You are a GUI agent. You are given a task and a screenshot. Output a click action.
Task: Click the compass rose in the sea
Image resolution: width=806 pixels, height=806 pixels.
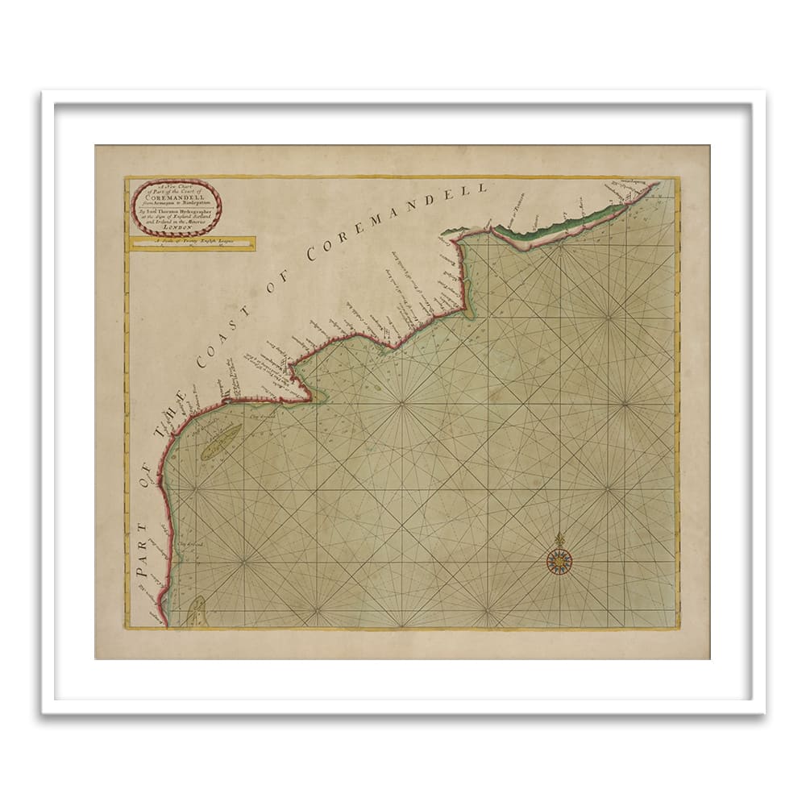[558, 561]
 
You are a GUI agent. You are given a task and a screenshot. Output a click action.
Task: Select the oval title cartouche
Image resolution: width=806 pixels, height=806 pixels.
[177, 206]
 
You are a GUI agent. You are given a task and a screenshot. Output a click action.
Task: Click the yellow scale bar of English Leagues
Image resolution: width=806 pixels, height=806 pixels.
[192, 243]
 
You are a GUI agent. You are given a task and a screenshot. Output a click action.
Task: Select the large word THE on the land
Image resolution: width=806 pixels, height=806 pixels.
[172, 412]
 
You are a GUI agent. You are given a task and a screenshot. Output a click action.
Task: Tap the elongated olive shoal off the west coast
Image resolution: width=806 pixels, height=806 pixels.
[221, 442]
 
